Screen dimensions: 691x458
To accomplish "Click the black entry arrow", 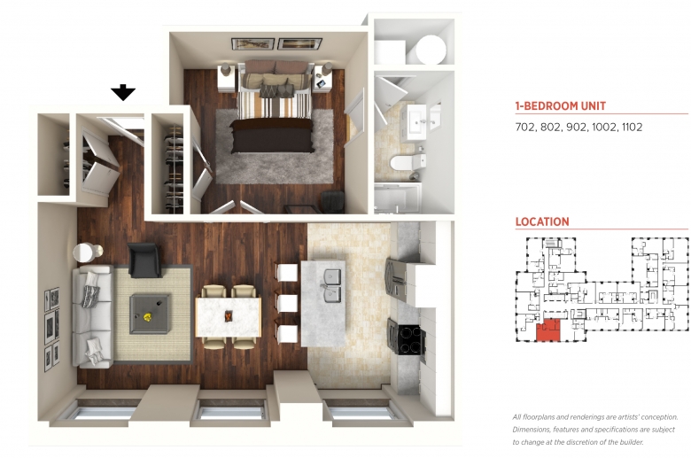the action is [123, 92].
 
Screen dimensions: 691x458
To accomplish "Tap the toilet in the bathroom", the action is [408, 162].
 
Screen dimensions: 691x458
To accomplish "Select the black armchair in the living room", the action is [144, 260].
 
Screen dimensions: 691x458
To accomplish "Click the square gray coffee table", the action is [150, 314].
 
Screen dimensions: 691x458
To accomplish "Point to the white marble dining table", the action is [229, 317].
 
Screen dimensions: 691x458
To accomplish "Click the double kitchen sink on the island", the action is [334, 285].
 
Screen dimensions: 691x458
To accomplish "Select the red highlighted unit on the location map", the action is [548, 330].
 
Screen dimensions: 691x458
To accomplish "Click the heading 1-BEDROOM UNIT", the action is [561, 105].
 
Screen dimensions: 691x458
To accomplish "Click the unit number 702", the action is [525, 127].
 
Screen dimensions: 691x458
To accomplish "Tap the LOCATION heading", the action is [542, 221].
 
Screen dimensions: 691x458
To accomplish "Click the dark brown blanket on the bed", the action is [272, 136].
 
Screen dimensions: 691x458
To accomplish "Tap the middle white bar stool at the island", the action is [287, 302].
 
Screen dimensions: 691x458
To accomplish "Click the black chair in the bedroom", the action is [333, 202].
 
